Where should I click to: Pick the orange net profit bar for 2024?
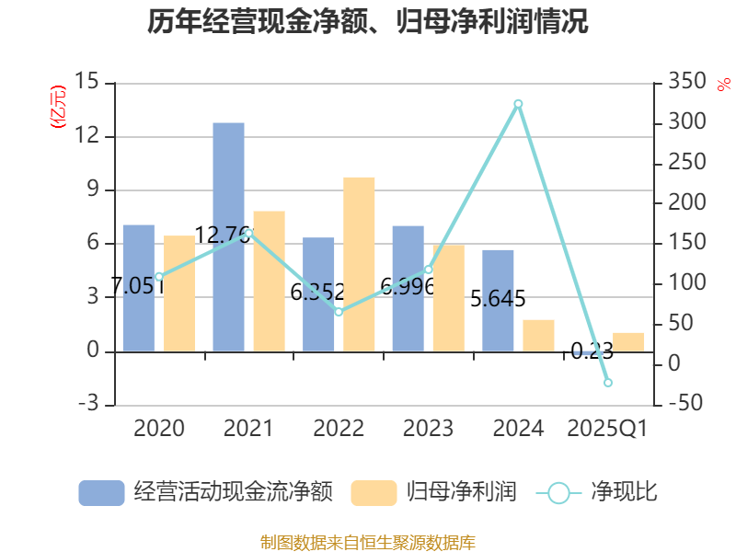(x=538, y=335)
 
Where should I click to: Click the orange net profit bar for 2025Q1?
(x=628, y=341)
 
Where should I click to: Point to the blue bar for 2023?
(x=408, y=288)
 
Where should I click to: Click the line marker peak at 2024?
(x=518, y=103)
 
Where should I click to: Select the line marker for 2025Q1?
(x=607, y=382)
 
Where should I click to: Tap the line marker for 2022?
(x=339, y=312)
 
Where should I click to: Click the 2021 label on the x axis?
(x=247, y=429)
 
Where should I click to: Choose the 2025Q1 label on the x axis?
(x=607, y=429)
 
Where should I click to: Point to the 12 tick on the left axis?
(x=87, y=136)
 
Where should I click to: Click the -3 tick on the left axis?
(x=87, y=405)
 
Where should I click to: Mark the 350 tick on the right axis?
(x=684, y=83)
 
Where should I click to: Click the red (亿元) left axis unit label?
(x=58, y=107)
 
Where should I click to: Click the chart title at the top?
(x=368, y=21)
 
